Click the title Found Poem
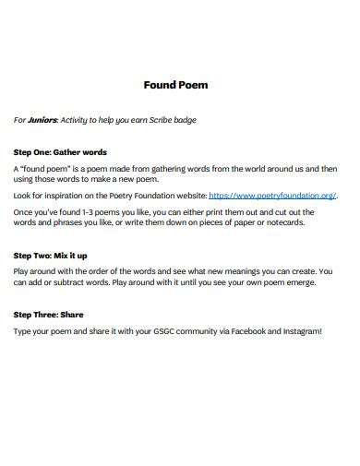tap(175, 85)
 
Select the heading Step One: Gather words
tap(61, 151)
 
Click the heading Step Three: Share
tap(48, 314)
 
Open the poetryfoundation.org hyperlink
tap(272, 196)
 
